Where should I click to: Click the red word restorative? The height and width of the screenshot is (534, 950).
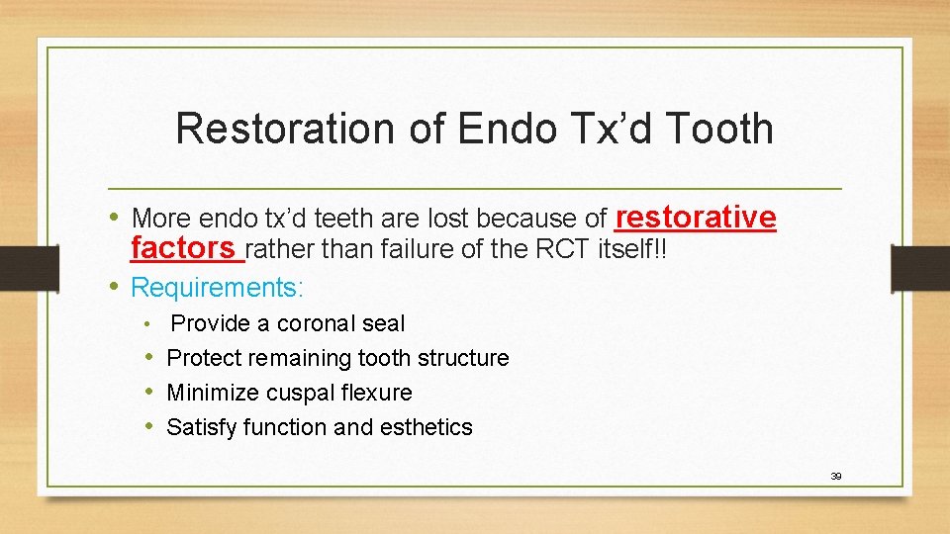696,217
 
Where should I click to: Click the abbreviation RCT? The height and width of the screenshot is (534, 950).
563,250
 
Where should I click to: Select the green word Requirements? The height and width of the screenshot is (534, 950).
218,288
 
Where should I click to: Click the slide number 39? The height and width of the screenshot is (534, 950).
835,476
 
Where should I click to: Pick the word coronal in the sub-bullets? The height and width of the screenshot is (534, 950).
313,323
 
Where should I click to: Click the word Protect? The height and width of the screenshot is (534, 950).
205,358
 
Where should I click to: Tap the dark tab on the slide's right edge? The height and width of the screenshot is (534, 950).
920,268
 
